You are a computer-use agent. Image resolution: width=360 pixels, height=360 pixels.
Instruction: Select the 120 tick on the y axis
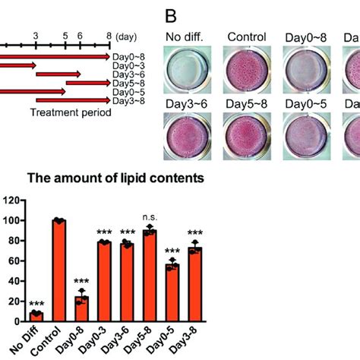pos(11,201)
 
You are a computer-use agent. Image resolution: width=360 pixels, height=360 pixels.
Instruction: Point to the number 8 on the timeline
pos(109,36)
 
